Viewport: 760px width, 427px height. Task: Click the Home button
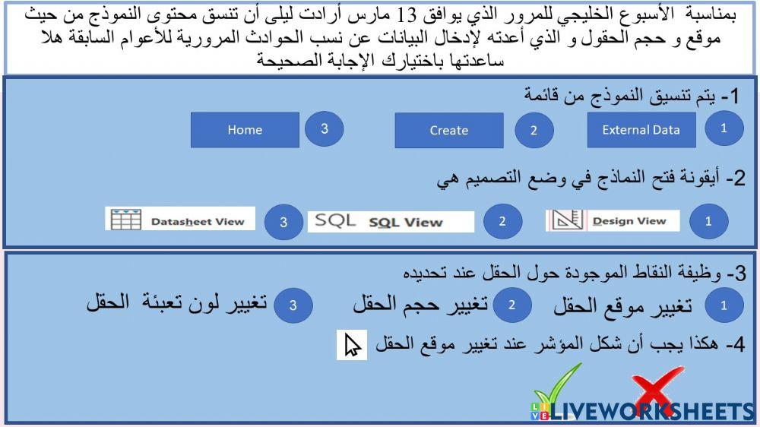(245, 130)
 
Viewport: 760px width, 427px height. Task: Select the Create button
(448, 131)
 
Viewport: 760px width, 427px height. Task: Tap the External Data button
(641, 130)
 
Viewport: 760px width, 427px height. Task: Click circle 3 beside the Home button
(325, 128)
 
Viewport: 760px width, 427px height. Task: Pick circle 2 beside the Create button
(534, 130)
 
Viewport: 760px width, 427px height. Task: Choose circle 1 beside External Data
(724, 128)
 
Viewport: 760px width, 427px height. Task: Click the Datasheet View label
(198, 222)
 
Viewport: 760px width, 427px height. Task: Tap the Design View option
(629, 221)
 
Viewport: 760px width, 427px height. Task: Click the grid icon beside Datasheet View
(126, 220)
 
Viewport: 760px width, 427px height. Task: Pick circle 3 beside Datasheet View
(283, 223)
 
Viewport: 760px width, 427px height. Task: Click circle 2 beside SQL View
(502, 222)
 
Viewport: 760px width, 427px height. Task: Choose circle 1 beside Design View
(708, 222)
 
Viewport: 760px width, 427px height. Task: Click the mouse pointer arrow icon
(352, 344)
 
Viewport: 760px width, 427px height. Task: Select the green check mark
(559, 387)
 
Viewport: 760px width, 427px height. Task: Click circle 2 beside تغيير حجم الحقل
(512, 305)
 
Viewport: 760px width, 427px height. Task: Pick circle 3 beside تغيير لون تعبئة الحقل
(292, 305)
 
